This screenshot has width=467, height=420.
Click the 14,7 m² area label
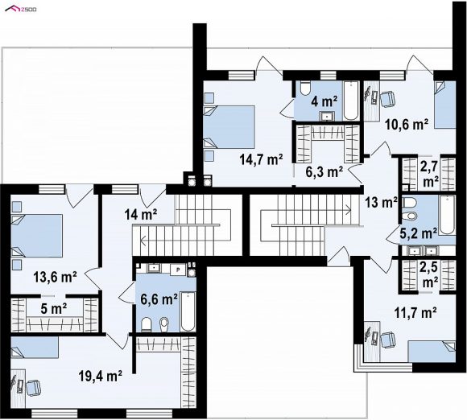click(261, 160)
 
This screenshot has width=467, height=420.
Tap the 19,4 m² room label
click(101, 376)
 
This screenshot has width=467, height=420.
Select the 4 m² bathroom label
click(324, 101)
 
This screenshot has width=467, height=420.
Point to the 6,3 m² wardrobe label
click(324, 171)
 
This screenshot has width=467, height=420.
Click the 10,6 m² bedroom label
click(407, 125)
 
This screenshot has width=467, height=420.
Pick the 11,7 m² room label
click(415, 312)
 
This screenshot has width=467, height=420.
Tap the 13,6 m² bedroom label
click(55, 277)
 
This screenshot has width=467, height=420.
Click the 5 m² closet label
click(54, 309)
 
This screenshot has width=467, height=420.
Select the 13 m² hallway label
click(382, 203)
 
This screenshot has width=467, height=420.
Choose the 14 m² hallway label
click(141, 214)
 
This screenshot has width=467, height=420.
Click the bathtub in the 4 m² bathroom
click(351, 101)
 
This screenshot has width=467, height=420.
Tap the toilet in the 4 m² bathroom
click(304, 89)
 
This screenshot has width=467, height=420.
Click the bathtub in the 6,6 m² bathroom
click(188, 311)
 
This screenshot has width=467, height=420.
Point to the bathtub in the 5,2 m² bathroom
click(447, 215)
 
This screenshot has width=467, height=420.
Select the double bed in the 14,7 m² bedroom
click(229, 127)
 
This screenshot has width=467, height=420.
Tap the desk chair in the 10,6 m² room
click(387, 99)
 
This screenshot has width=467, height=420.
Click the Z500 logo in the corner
click(21, 9)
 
